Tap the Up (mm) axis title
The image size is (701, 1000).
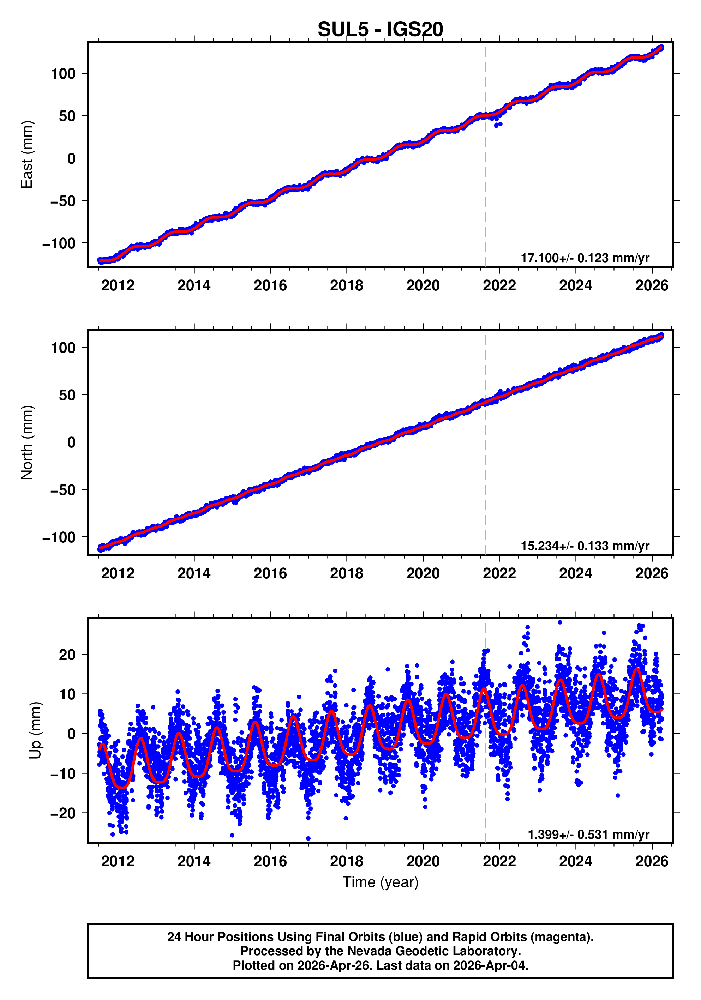36,730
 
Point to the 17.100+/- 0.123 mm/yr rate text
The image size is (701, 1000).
585,258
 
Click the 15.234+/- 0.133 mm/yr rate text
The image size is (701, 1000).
585,546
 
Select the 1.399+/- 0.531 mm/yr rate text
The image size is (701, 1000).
588,835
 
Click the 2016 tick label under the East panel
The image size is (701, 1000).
270,286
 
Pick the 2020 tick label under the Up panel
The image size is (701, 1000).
423,861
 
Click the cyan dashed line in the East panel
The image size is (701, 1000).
485,174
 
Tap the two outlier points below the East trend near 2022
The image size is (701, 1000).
498,125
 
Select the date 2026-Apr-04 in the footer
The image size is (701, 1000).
489,965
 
